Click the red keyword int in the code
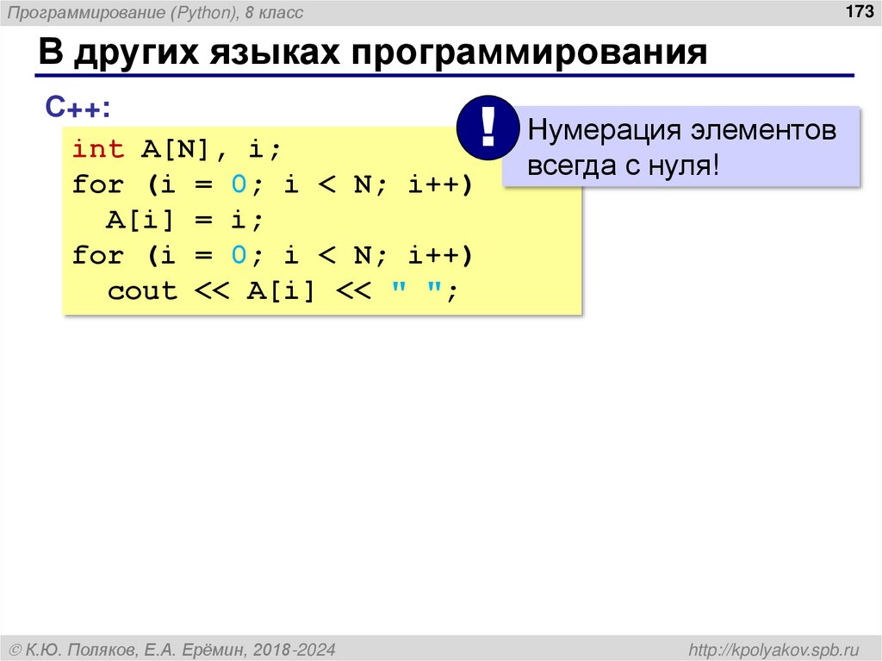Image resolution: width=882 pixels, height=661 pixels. (x=98, y=149)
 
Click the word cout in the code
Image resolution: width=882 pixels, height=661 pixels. (x=142, y=291)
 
